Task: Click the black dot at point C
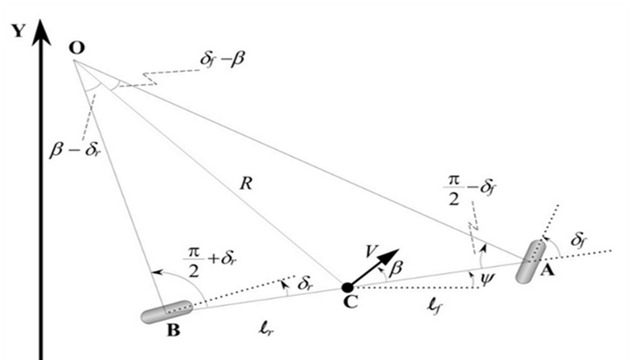348,286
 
